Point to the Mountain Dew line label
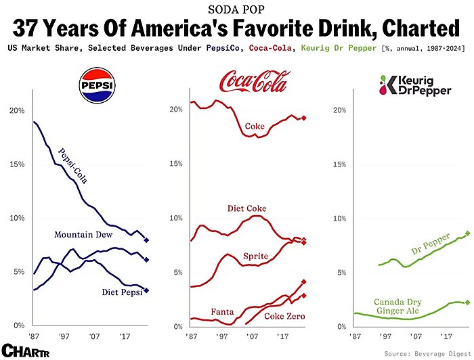(x=83, y=234)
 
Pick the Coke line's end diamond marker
(x=304, y=118)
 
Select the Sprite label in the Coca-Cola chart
(x=256, y=256)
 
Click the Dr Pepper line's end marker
(x=467, y=233)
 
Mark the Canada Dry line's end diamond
(x=467, y=302)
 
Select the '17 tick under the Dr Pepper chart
(x=445, y=336)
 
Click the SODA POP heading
(x=236, y=9)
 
